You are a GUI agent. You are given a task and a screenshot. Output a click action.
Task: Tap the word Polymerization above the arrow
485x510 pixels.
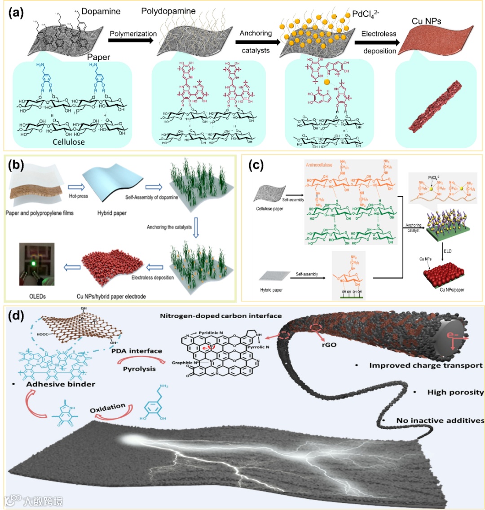[x=133, y=34]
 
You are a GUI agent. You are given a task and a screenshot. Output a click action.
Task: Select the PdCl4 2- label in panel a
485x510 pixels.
[x=365, y=14]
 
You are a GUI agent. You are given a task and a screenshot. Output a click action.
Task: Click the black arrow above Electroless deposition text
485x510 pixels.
[x=377, y=43]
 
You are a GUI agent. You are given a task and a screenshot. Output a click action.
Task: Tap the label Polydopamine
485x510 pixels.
[x=168, y=11]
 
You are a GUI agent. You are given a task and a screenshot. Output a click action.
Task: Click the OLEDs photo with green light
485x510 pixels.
[x=36, y=264]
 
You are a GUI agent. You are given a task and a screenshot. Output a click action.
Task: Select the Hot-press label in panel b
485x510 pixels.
[x=79, y=196]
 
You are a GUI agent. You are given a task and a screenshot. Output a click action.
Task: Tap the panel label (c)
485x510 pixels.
[x=257, y=165]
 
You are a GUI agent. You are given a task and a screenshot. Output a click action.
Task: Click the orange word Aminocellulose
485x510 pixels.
[x=320, y=165]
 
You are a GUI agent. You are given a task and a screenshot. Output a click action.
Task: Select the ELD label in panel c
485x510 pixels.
[x=448, y=251]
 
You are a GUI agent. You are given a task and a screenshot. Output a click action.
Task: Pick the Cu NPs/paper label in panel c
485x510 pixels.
[x=452, y=290]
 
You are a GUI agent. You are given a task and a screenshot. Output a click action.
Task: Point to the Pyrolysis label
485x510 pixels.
[x=139, y=369]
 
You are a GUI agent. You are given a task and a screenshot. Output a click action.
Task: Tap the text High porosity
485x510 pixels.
[x=455, y=392]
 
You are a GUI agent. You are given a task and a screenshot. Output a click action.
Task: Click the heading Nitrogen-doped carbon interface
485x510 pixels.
[x=220, y=316]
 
